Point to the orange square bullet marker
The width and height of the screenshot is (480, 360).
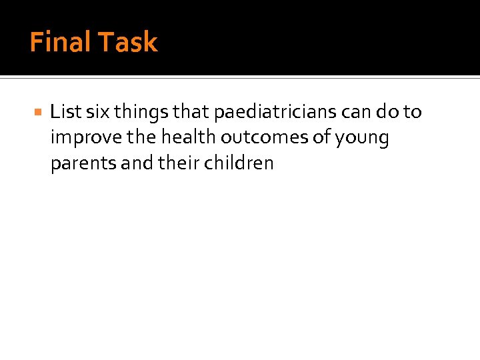(37, 113)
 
